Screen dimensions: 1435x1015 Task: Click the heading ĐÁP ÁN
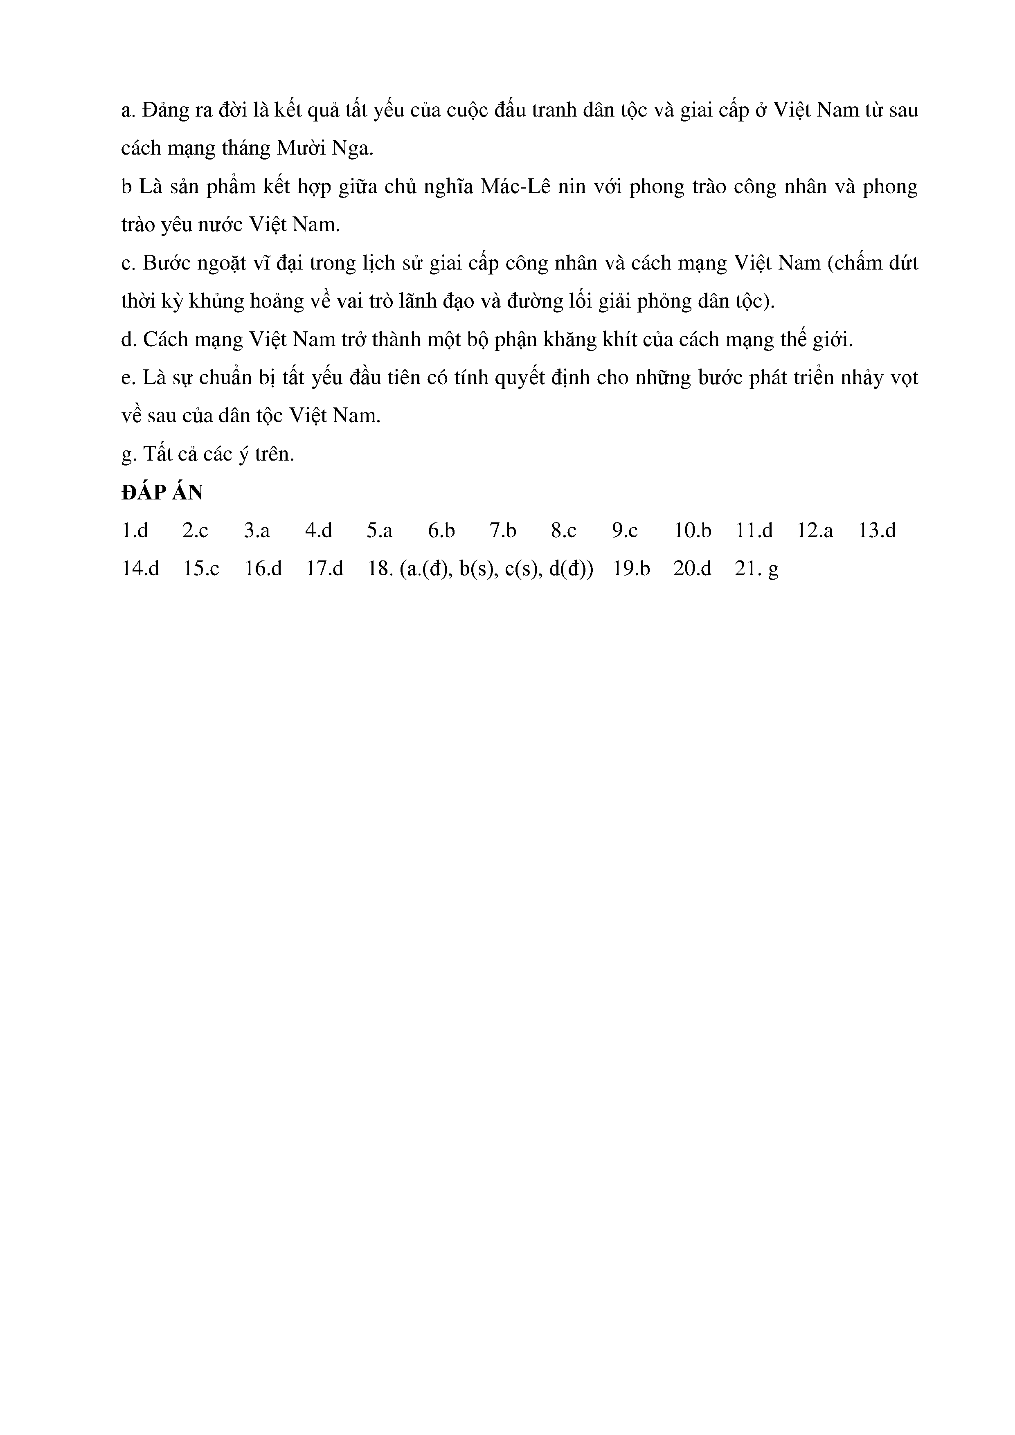point(162,493)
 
